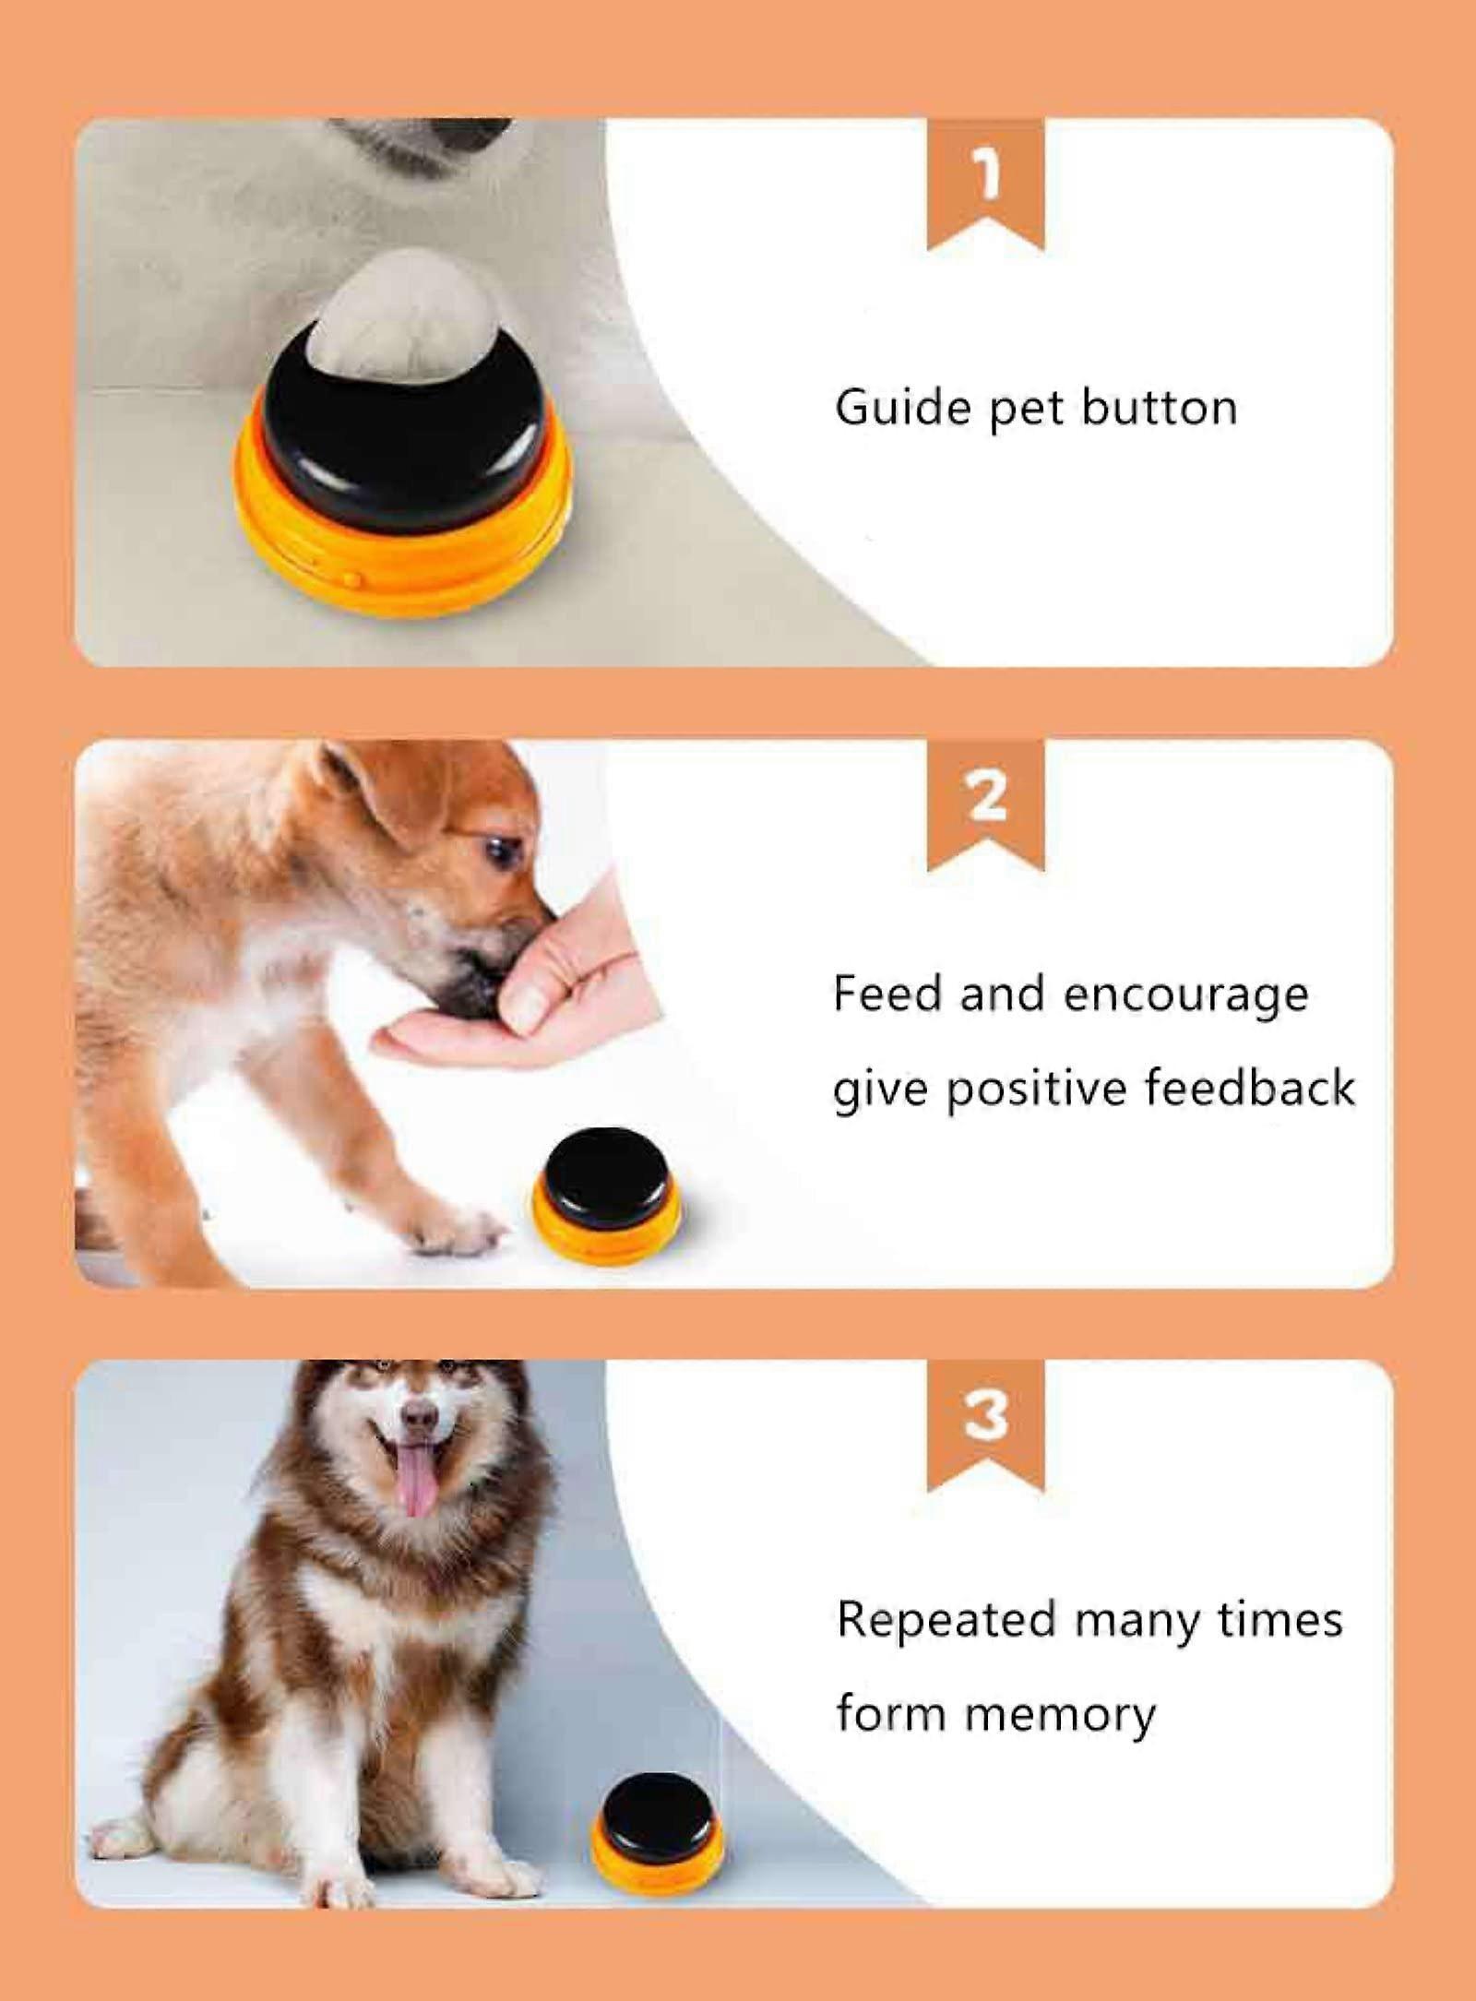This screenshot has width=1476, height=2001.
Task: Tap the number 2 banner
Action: click(x=985, y=804)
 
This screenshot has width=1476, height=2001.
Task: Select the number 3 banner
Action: click(x=985, y=1425)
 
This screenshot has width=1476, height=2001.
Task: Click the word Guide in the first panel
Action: click(x=903, y=407)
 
